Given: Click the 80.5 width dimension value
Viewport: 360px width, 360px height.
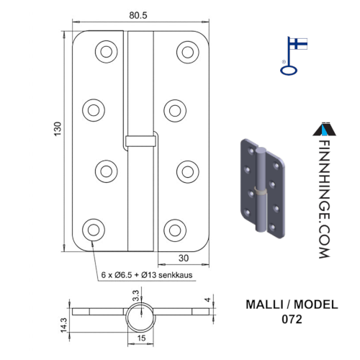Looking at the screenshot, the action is click(x=138, y=15).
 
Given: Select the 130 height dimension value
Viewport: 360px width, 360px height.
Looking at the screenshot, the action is click(x=58, y=129).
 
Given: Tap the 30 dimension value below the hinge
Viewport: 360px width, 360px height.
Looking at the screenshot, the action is click(x=184, y=258).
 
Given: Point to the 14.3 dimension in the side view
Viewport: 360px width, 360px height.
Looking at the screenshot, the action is click(x=63, y=325).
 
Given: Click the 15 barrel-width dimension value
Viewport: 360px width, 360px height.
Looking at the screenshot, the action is click(x=141, y=338).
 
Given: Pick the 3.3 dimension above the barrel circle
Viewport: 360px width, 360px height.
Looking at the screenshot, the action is click(x=135, y=296).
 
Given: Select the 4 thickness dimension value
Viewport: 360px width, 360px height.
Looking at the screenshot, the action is click(x=208, y=300).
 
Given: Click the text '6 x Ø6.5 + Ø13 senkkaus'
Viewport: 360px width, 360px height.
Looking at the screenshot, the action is click(x=147, y=275).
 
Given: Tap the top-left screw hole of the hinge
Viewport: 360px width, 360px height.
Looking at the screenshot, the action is click(x=107, y=52).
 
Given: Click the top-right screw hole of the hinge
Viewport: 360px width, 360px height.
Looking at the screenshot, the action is click(x=188, y=52).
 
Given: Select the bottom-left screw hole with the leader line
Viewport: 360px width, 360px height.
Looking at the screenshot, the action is click(x=94, y=230).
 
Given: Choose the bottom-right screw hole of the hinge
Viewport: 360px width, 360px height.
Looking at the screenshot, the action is click(x=175, y=230).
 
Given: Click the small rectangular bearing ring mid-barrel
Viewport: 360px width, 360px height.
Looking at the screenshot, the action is click(x=140, y=141).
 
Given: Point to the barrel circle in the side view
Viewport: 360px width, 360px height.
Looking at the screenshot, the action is click(x=141, y=303).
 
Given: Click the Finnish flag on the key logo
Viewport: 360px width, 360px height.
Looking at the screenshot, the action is click(x=298, y=43).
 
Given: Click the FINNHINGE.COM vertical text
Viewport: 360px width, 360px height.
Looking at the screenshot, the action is click(x=325, y=199).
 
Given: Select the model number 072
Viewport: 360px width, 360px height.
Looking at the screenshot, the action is click(x=292, y=320).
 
